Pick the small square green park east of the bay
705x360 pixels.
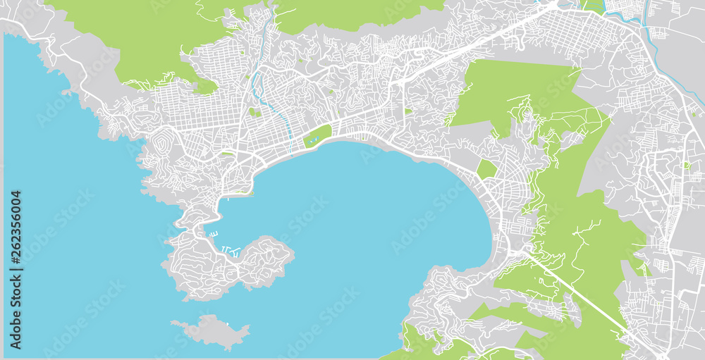pos(486,169)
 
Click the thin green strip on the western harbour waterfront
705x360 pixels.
pos(240,192)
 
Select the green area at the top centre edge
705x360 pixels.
pos(352,14)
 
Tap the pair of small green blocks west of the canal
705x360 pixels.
pos(255,112)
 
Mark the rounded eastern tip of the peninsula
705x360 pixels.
pos(289,250)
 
